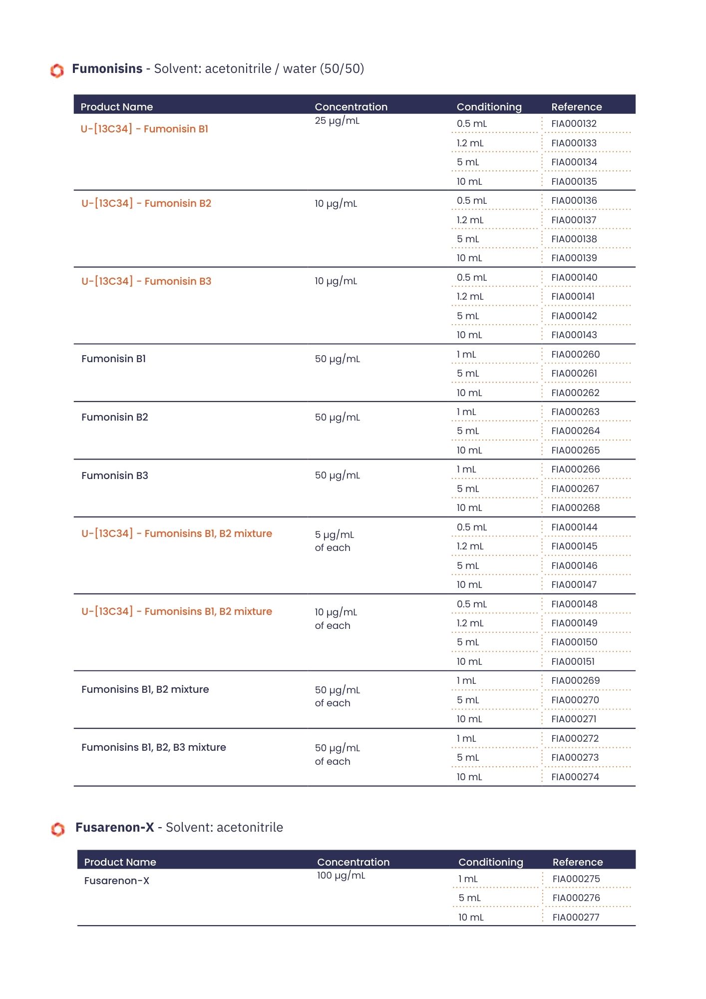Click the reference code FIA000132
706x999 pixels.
pos(574,124)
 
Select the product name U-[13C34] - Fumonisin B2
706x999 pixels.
pos(146,203)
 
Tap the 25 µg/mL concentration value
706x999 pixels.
pos(337,121)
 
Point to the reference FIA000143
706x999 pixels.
pos(574,335)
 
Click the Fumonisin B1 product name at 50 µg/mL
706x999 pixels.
pos(113,359)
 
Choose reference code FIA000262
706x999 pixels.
pos(575,393)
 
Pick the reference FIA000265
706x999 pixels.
pos(575,451)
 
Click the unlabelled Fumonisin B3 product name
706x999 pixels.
pos(115,476)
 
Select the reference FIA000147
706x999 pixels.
pos(574,585)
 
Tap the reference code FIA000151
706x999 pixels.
pos(573,662)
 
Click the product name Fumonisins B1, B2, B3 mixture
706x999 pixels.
pos(154,747)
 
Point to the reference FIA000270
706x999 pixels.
pos(575,700)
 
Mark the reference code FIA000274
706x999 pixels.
pos(575,777)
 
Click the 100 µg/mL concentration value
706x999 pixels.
pos(341,876)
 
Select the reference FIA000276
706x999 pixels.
pos(576,898)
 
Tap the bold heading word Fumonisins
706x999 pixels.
pos(107,69)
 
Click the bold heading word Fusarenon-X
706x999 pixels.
pos(115,828)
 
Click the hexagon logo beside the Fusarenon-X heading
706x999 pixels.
pos(58,829)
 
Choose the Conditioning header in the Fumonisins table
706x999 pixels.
pos(489,107)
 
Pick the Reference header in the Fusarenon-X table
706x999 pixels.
pos(578,862)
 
